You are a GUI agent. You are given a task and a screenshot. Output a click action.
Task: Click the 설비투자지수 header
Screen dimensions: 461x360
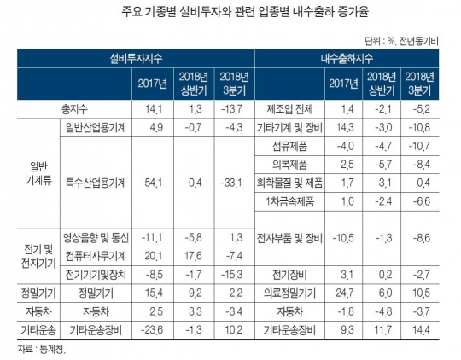tap(136, 59)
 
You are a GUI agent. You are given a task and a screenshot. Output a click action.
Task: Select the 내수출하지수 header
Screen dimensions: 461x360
tap(347, 59)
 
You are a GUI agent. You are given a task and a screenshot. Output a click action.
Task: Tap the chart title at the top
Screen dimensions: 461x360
tap(245, 12)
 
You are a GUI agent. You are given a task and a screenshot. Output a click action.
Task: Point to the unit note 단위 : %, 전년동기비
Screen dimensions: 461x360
tap(401, 42)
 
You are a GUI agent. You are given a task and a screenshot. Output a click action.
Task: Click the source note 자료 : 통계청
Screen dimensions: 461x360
tap(42, 349)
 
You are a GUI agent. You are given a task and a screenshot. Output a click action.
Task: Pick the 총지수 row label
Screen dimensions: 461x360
tap(74, 109)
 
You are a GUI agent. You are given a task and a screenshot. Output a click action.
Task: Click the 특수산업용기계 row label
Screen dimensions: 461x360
tap(96, 183)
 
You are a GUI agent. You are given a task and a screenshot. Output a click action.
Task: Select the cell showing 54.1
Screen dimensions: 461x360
tap(153, 183)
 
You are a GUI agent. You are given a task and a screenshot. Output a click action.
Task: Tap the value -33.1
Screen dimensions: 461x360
tap(231, 183)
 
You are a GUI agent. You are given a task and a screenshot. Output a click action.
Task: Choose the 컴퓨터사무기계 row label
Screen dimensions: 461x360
tap(96, 256)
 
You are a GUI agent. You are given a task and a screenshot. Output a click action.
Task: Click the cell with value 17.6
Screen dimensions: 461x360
tap(193, 256)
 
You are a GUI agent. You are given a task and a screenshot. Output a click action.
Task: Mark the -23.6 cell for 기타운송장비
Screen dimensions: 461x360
tap(152, 330)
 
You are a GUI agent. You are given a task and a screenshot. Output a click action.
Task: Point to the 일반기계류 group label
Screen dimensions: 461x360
tap(38, 174)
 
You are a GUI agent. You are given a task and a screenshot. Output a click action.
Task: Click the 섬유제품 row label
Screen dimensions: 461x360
tap(290, 146)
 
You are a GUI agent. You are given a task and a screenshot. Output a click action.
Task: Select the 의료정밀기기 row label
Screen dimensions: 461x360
tap(290, 293)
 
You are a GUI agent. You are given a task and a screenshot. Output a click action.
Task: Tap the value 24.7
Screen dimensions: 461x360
tap(345, 293)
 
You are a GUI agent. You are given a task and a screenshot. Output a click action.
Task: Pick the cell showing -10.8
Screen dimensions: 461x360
tap(419, 128)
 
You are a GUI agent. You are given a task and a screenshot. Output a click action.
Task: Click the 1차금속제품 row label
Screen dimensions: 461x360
tap(290, 201)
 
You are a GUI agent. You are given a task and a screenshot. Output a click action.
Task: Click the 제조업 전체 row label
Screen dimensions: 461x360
tap(290, 109)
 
